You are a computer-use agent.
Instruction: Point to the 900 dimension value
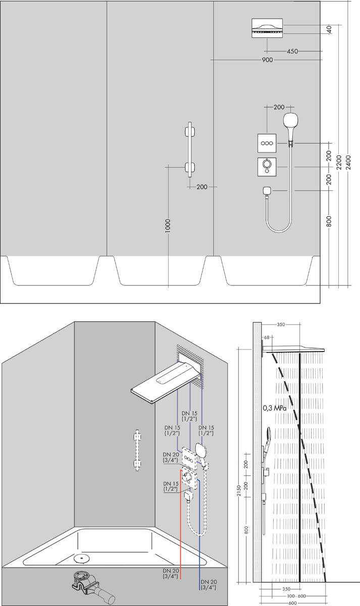267,60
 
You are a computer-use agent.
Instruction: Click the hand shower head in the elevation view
290,121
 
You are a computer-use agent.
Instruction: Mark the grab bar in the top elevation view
190,149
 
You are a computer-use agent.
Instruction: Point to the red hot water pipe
181,530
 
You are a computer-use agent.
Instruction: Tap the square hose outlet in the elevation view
267,190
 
